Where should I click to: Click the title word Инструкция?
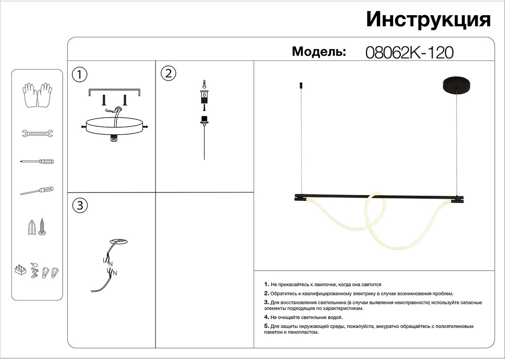pos(428,20)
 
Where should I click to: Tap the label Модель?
pos(319,51)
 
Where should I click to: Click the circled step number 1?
pos(80,74)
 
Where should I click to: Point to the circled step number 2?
pos(168,73)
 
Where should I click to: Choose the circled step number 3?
pos(80,206)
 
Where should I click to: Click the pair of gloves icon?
pos(37,95)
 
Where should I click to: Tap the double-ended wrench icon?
pos(37,134)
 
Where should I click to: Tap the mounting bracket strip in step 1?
pos(114,90)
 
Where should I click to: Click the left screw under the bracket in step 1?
pos(104,100)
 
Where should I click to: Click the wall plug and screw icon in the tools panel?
pos(37,227)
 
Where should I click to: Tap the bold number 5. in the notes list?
pos(267,326)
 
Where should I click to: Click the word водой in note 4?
pos(335,317)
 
